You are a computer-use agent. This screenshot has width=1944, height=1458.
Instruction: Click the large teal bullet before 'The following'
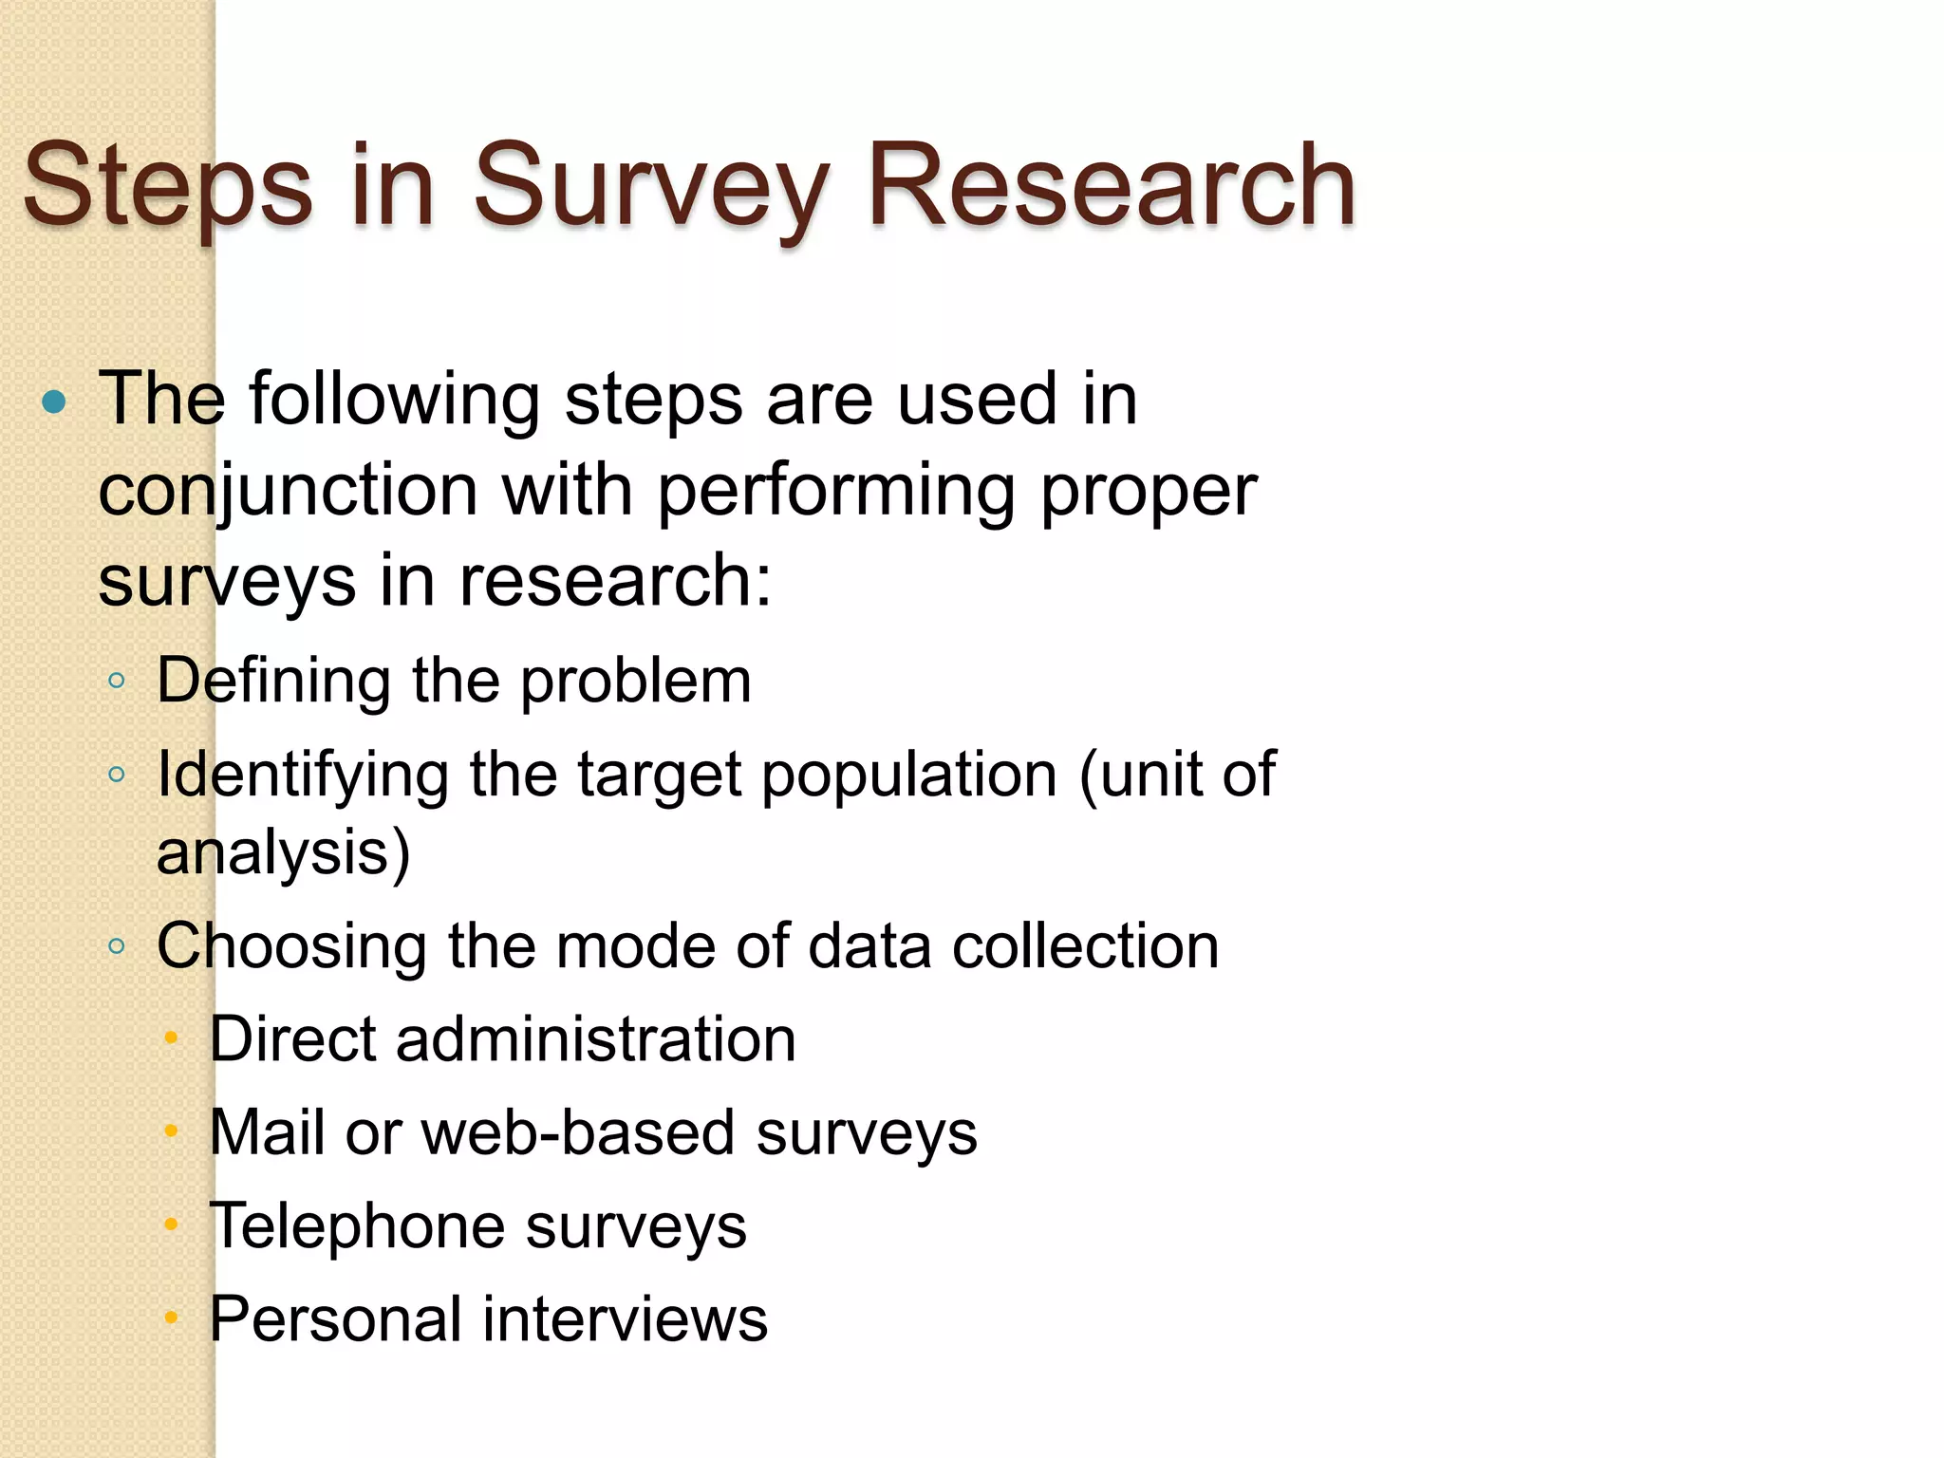[55, 402]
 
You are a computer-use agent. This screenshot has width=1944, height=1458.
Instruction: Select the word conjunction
[288, 492]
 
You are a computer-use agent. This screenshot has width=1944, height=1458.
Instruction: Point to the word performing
[835, 492]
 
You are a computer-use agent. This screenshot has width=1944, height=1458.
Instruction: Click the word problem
[635, 681]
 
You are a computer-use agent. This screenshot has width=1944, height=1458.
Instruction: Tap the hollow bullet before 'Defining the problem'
[117, 681]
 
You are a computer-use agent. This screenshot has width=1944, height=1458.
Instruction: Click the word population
[908, 774]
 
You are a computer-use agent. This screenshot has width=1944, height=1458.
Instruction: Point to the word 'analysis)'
[283, 851]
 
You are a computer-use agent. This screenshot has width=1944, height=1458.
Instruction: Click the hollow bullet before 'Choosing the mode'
[117, 945]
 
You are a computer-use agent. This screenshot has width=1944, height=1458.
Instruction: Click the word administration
[595, 1038]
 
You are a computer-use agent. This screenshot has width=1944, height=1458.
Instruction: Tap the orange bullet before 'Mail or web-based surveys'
[171, 1131]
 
